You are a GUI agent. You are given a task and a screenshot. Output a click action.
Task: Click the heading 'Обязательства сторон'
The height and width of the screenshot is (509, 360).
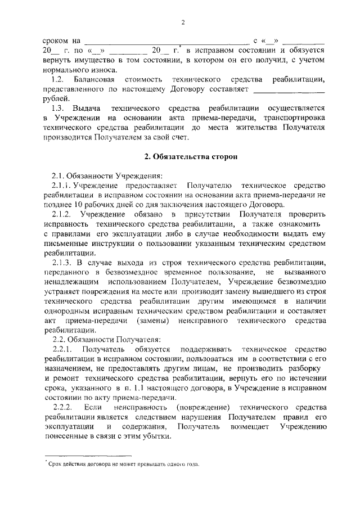click(x=183, y=155)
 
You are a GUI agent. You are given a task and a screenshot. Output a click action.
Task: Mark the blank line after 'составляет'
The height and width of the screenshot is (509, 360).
click(x=289, y=90)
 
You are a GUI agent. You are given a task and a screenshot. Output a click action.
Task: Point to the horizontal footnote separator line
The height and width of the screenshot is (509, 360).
click(x=87, y=456)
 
